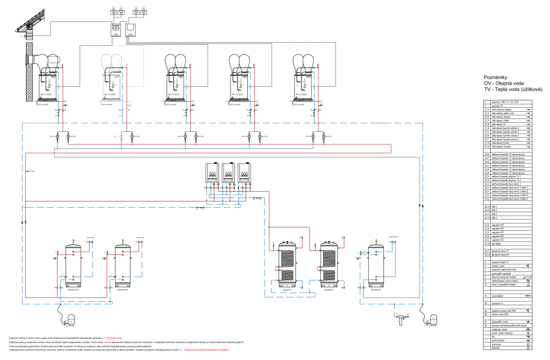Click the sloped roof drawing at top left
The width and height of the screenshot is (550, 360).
[20, 20]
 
